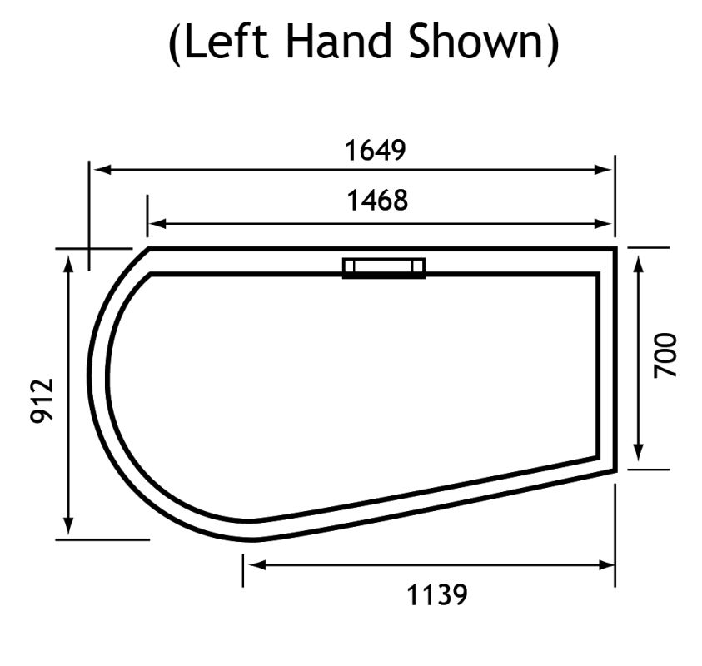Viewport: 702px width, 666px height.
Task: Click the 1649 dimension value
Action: coord(375,151)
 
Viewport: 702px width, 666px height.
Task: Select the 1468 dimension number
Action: coord(377,201)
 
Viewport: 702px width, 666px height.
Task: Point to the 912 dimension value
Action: coord(42,400)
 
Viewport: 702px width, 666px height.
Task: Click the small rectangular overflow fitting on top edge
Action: coord(384,267)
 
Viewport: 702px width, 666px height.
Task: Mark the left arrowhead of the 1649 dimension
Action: coord(101,169)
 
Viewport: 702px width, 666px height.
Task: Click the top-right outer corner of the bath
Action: coord(615,248)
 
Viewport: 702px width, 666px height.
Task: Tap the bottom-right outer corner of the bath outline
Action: coord(615,470)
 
